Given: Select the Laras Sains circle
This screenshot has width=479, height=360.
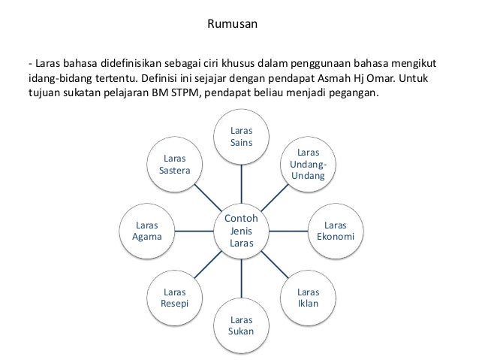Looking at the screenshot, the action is [241, 136].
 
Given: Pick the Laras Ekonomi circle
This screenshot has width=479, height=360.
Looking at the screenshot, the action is [335, 231].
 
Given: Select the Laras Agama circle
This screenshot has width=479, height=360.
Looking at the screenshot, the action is [147, 231].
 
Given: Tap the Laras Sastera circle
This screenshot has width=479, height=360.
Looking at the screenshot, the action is [175, 165].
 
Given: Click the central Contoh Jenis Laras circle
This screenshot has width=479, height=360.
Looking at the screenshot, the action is [241, 231].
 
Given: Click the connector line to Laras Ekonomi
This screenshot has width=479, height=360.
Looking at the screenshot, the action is [288, 231].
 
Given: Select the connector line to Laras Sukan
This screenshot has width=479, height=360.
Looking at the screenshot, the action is [241, 279].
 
